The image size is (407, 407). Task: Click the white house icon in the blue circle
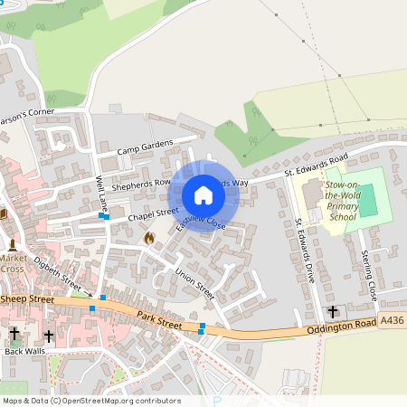click(x=203, y=195)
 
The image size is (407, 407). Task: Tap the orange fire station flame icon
click(x=149, y=237)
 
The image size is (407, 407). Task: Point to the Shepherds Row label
click(x=141, y=182)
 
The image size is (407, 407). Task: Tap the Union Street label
click(x=194, y=281)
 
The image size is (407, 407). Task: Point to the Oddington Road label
click(x=340, y=325)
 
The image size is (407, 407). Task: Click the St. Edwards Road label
click(x=316, y=160)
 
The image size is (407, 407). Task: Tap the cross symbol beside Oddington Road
click(x=332, y=311)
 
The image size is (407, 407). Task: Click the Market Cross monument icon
click(x=13, y=244)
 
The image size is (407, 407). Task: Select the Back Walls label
click(x=24, y=351)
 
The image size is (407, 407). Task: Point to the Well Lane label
click(x=102, y=189)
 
